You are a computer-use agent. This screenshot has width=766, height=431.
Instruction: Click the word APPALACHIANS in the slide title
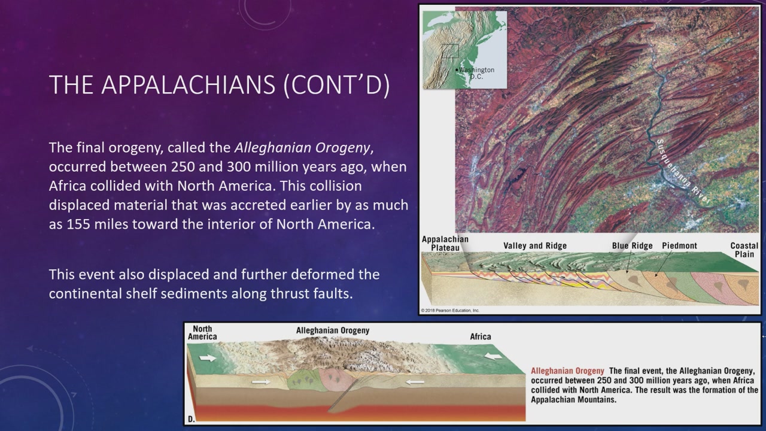189,84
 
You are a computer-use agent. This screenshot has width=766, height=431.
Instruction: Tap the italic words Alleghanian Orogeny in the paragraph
302,148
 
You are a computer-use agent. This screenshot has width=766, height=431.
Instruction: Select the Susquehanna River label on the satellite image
682,171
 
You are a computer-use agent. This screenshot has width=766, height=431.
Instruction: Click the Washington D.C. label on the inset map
476,73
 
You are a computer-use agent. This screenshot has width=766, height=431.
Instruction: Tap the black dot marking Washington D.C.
457,70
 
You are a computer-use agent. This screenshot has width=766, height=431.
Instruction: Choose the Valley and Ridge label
535,245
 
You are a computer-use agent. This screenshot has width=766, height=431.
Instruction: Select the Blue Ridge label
633,245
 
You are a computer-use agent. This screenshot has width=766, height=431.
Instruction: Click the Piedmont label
679,245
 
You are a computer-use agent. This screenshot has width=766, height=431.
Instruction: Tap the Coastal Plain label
744,250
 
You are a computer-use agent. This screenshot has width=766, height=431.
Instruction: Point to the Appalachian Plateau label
445,243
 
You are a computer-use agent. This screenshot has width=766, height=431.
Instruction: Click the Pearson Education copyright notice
450,311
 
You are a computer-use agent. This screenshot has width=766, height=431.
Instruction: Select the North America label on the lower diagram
202,332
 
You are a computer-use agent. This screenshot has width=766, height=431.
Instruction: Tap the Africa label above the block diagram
481,336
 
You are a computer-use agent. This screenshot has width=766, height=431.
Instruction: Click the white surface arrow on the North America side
208,358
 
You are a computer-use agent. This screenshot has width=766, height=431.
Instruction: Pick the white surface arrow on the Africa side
493,356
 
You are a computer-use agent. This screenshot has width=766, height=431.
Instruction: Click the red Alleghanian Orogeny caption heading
567,371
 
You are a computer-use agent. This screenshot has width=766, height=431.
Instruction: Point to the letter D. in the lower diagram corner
191,419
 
